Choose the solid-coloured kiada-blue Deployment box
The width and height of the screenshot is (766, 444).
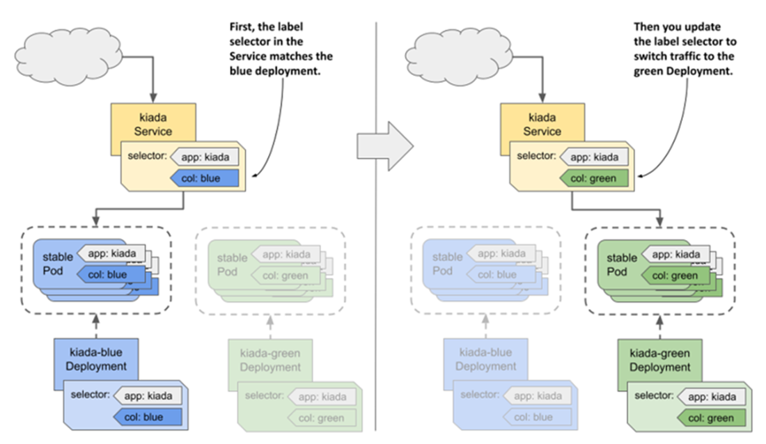91,358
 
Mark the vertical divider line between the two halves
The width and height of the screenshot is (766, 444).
376,223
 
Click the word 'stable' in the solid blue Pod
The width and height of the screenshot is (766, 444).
51,257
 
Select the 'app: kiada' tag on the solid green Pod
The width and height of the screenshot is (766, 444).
671,255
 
